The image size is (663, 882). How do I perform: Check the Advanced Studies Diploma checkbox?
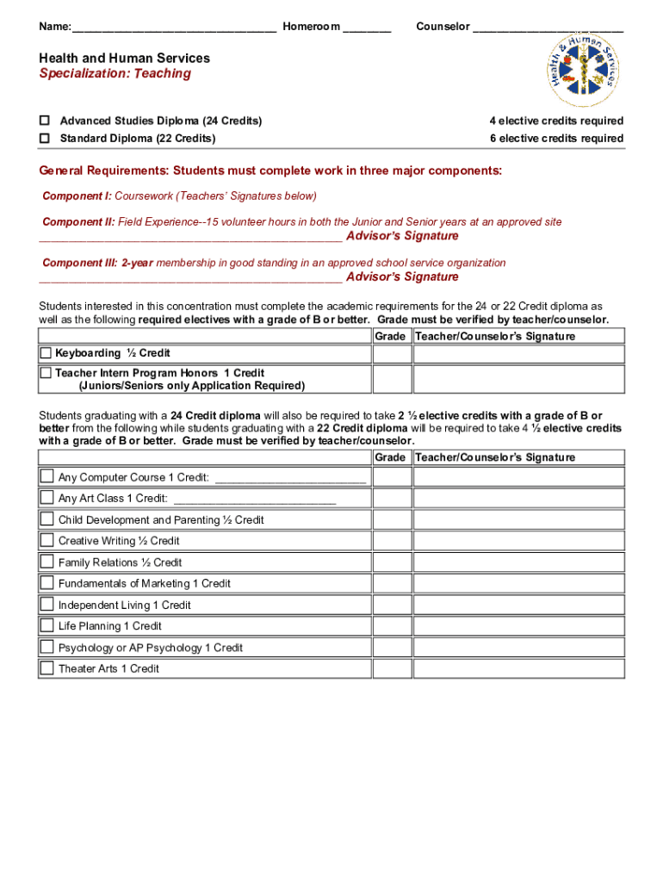45,121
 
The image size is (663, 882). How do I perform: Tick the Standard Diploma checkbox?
45,139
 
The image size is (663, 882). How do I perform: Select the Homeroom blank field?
367,28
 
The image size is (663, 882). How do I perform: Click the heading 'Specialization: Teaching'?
115,74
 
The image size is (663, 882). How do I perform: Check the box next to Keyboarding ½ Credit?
46,353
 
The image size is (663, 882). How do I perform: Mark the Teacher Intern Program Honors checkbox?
46,373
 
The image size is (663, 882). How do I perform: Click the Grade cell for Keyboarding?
391,354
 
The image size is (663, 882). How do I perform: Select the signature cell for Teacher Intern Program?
518,379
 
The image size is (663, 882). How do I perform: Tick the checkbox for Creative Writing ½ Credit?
46,541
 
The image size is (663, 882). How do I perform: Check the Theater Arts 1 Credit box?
46,668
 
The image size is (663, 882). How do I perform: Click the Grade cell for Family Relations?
391,562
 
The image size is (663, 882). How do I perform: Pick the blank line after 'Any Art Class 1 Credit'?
254,500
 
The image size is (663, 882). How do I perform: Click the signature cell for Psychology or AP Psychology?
518,648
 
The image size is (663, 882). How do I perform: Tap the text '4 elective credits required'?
556,121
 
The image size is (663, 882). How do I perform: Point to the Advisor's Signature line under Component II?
190,237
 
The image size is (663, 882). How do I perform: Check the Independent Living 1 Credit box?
46,605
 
